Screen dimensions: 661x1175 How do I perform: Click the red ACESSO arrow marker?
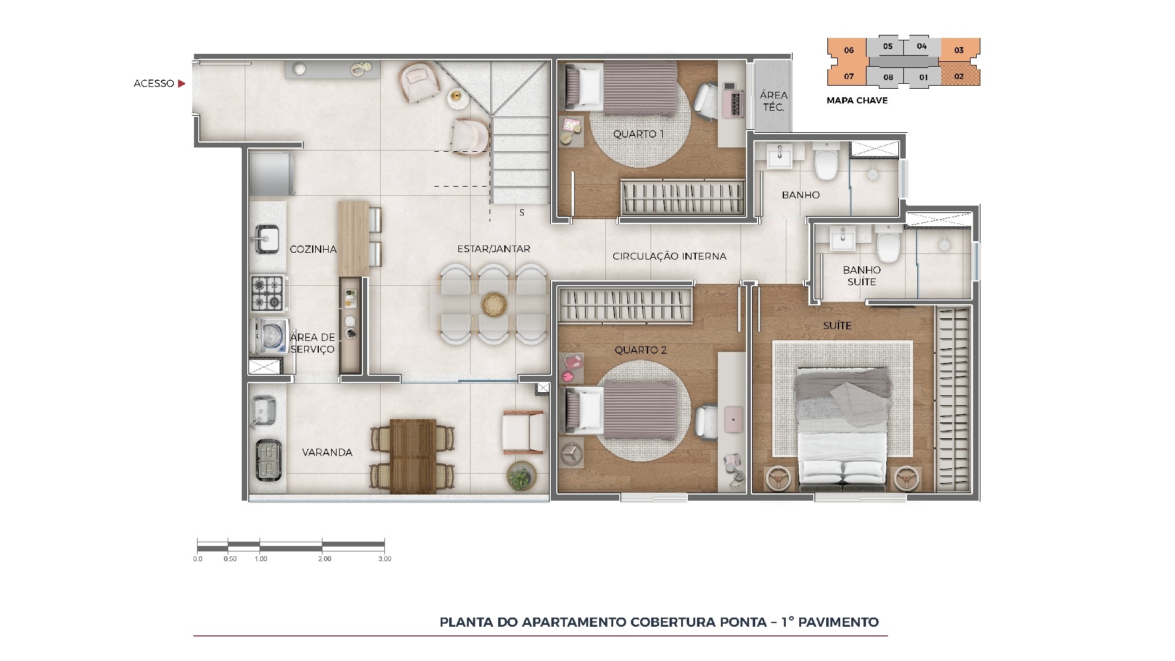point(181,84)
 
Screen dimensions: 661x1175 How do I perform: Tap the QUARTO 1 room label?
point(638,134)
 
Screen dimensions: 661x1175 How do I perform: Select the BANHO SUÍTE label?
point(862,275)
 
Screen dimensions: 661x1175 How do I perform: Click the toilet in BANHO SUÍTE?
point(887,244)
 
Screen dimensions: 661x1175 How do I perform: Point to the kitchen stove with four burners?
point(268,293)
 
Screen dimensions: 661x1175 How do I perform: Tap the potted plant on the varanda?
point(521,476)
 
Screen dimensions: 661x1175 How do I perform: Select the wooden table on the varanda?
point(413,456)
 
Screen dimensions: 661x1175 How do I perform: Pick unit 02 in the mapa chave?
point(959,77)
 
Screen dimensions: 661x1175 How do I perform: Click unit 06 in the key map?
point(848,50)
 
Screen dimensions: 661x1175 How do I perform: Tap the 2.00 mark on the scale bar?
point(324,559)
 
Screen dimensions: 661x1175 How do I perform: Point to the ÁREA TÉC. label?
point(774,101)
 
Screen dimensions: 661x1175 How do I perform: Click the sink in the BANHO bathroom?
point(779,156)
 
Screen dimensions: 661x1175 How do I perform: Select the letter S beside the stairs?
point(521,213)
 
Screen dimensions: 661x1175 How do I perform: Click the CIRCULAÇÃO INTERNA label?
point(669,256)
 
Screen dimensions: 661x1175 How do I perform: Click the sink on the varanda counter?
point(265,408)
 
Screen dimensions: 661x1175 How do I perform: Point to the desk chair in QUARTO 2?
point(709,422)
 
